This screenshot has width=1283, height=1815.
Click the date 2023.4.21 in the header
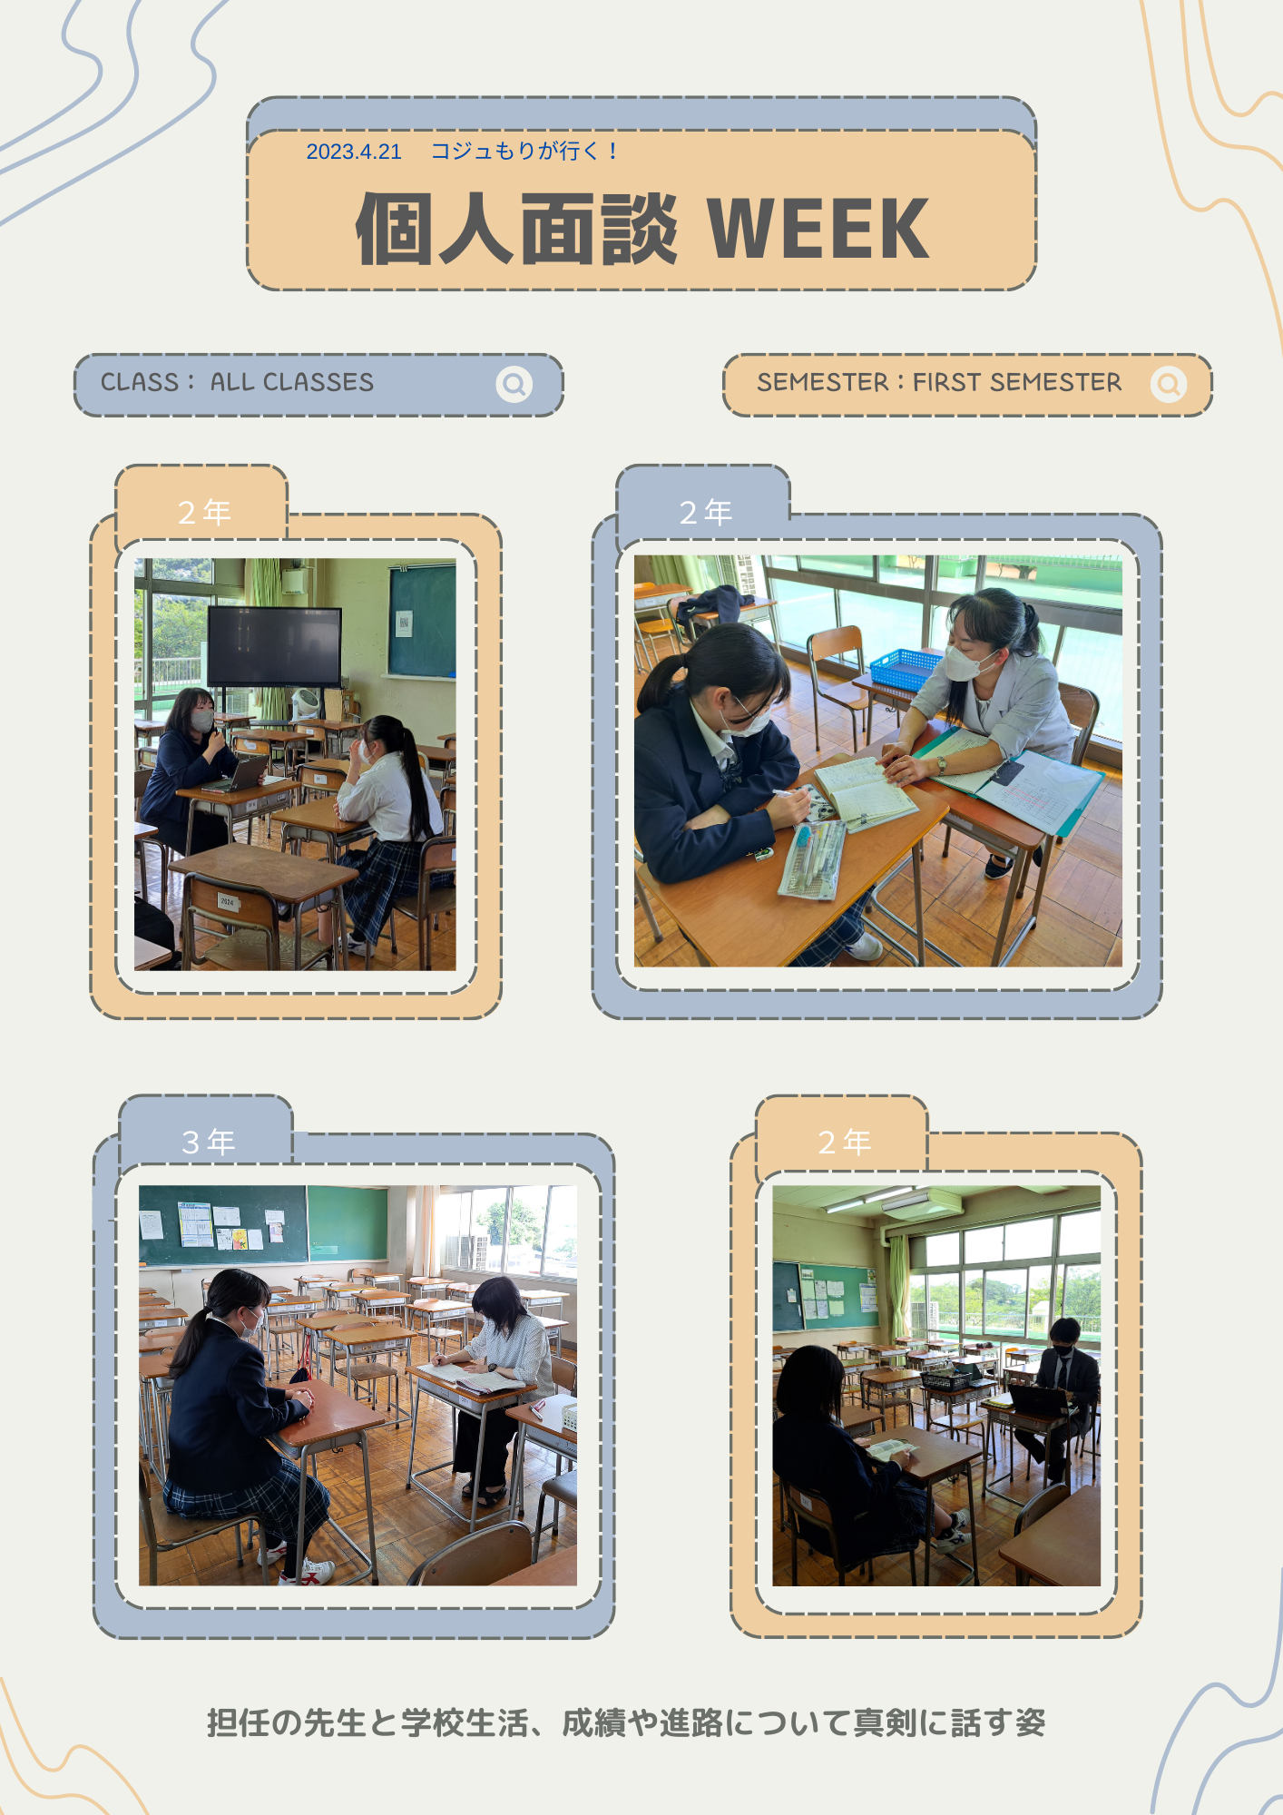coord(354,152)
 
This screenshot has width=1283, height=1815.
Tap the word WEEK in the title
coord(818,229)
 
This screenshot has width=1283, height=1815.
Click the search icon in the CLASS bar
coord(514,384)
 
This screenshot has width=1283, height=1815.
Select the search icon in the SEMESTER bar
coord(1169,384)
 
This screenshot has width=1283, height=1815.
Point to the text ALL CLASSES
coord(292,382)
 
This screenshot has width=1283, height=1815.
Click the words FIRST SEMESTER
coord(1017,382)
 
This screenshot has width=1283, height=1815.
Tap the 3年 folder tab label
coord(208,1142)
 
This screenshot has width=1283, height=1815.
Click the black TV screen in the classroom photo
coord(275,645)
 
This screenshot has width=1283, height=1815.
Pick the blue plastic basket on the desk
coord(906,668)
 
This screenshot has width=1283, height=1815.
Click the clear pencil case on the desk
coord(812,860)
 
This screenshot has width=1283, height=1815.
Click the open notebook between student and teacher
coord(865,792)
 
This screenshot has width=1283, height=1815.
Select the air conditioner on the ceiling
coord(921,1203)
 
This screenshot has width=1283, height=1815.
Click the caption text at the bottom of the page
coord(626,1722)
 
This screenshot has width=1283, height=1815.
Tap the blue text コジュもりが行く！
coord(525,151)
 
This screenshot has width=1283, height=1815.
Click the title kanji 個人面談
coord(516,229)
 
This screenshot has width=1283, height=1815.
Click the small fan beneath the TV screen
coord(306,704)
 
